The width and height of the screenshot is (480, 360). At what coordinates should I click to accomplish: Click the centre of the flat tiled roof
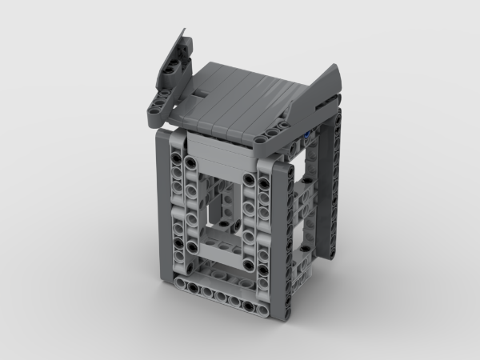point(240,100)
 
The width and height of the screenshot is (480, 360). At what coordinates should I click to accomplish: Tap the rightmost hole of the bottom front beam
point(276,299)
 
